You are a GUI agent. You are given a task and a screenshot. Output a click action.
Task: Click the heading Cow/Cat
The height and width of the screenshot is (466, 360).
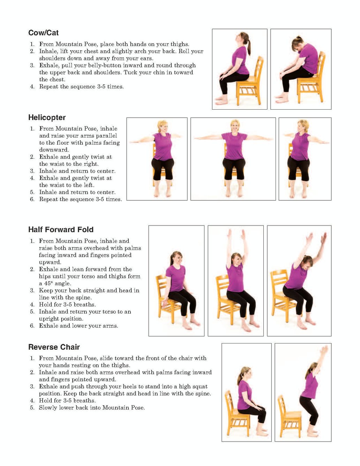(x=43, y=33)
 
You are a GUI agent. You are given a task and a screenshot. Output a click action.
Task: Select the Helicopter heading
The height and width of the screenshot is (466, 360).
(x=47, y=118)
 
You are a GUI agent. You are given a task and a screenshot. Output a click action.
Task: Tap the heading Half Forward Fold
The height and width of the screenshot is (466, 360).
(x=61, y=230)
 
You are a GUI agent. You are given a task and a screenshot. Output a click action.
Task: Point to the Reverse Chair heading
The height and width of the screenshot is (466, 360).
(x=54, y=347)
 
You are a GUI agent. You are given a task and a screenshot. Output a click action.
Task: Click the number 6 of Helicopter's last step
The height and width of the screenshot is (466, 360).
(x=32, y=199)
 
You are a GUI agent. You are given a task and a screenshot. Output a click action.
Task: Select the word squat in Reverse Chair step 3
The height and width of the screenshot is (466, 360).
(x=200, y=387)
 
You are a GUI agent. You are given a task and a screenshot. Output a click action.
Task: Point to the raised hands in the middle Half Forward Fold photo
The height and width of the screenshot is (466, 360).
(x=236, y=235)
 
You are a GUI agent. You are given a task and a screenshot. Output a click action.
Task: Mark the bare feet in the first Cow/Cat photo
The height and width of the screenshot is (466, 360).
(x=221, y=101)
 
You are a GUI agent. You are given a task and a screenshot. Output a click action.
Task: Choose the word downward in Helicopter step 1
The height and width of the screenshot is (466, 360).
(x=54, y=150)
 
